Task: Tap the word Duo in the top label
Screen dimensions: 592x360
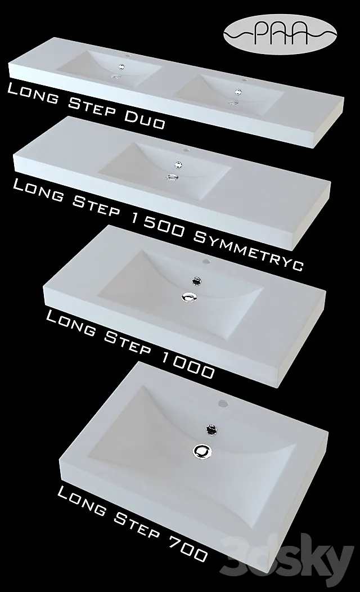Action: (146, 116)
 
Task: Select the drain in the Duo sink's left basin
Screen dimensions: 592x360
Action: (116, 76)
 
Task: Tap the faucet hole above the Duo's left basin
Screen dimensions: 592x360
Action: (128, 57)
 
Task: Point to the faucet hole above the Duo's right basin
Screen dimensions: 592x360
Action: (244, 80)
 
